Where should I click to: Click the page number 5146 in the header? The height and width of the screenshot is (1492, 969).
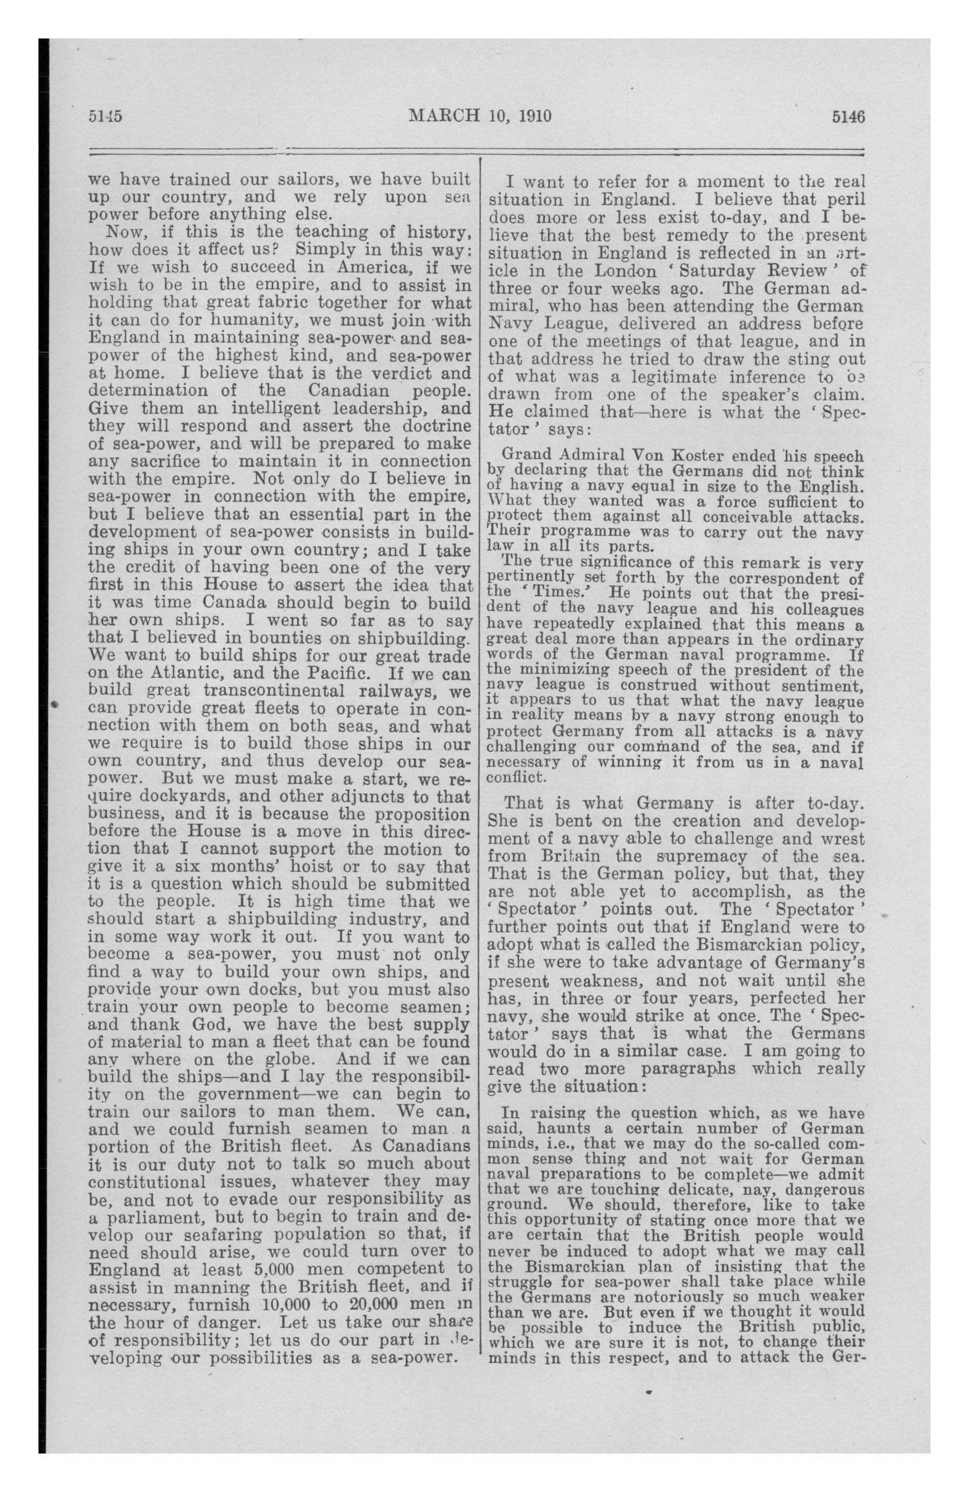pos(847,116)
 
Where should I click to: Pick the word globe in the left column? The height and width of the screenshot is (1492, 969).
pos(296,1060)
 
